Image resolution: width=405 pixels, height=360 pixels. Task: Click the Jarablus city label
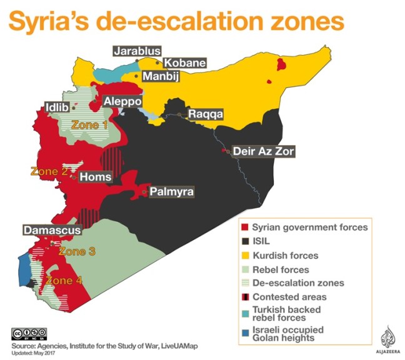[x=137, y=51]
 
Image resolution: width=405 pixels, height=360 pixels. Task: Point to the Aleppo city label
[x=122, y=101]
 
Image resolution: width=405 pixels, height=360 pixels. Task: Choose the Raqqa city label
[x=204, y=115]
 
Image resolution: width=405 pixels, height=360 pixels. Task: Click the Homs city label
[x=96, y=177]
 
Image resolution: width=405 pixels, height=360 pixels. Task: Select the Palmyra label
[x=171, y=192]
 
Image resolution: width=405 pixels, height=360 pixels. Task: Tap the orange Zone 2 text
[x=49, y=171]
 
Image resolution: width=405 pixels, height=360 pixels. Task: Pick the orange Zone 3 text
[x=77, y=252]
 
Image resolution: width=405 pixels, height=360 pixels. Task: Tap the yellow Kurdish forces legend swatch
[x=246, y=256]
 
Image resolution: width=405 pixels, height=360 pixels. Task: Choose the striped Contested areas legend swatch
[x=246, y=297]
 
